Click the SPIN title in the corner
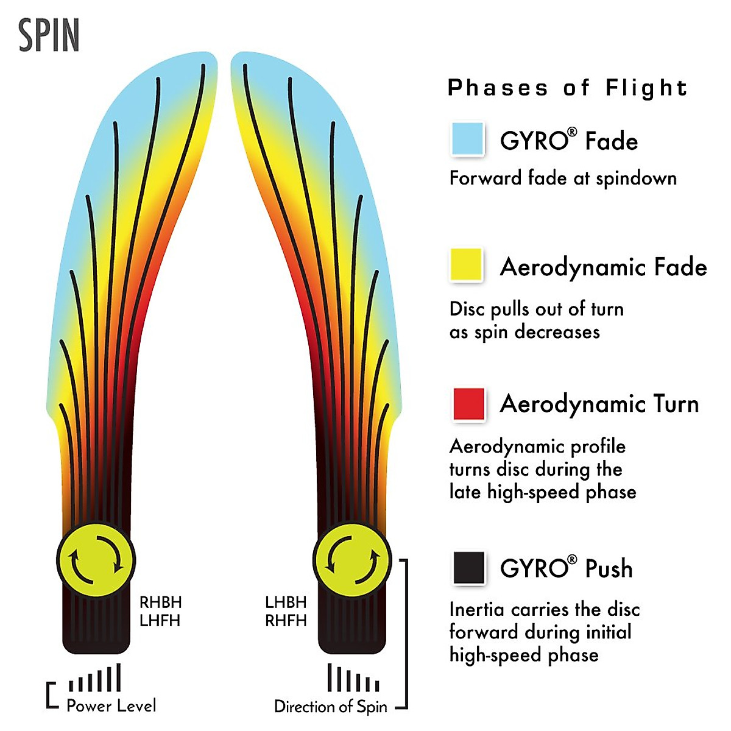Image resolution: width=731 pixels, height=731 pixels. (49, 35)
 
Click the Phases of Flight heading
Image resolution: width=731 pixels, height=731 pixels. (567, 88)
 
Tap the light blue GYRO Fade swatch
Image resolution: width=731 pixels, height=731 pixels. (467, 139)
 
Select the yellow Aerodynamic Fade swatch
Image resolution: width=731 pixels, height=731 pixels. (467, 265)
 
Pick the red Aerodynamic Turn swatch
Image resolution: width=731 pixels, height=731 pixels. (468, 404)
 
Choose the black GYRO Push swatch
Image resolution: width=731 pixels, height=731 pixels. (468, 568)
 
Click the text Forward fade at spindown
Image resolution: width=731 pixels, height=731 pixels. (563, 178)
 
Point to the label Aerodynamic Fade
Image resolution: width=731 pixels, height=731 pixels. (603, 267)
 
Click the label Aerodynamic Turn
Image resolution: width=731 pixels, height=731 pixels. (599, 404)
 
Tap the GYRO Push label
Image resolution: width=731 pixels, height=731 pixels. (566, 568)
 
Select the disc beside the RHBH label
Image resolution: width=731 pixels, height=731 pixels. (96, 560)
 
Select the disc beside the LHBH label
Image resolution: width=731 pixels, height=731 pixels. (352, 560)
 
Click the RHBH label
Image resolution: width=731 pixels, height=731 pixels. (161, 602)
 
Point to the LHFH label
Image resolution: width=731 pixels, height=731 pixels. (161, 621)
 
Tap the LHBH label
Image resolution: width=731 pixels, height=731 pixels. (286, 602)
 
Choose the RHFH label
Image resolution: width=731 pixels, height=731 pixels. (286, 621)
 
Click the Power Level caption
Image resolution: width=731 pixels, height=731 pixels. (111, 705)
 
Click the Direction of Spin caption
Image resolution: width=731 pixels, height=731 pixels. (331, 707)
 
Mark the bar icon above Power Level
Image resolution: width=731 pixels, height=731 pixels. (95, 679)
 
